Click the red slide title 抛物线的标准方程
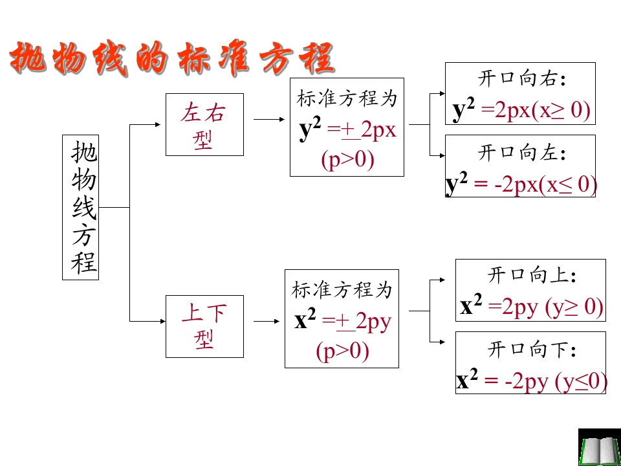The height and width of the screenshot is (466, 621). [x=172, y=60]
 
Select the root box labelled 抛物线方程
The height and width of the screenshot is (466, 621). [x=80, y=207]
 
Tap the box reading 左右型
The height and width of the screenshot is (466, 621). [x=204, y=124]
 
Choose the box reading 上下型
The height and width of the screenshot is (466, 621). [x=204, y=326]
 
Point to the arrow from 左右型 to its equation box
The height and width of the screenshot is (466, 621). [x=269, y=119]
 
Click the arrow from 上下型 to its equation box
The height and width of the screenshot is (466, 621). [x=266, y=322]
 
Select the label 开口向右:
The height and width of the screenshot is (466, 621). [x=523, y=80]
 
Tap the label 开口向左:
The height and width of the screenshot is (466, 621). [x=523, y=153]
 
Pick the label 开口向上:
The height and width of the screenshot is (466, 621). [x=532, y=276]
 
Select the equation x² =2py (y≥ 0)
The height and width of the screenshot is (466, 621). [x=532, y=307]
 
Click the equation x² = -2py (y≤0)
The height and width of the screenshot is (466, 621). [x=532, y=382]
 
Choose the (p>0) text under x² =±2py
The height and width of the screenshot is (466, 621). [x=343, y=351]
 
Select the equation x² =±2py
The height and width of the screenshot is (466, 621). [x=342, y=322]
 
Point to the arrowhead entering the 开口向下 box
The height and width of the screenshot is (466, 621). [x=442, y=342]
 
